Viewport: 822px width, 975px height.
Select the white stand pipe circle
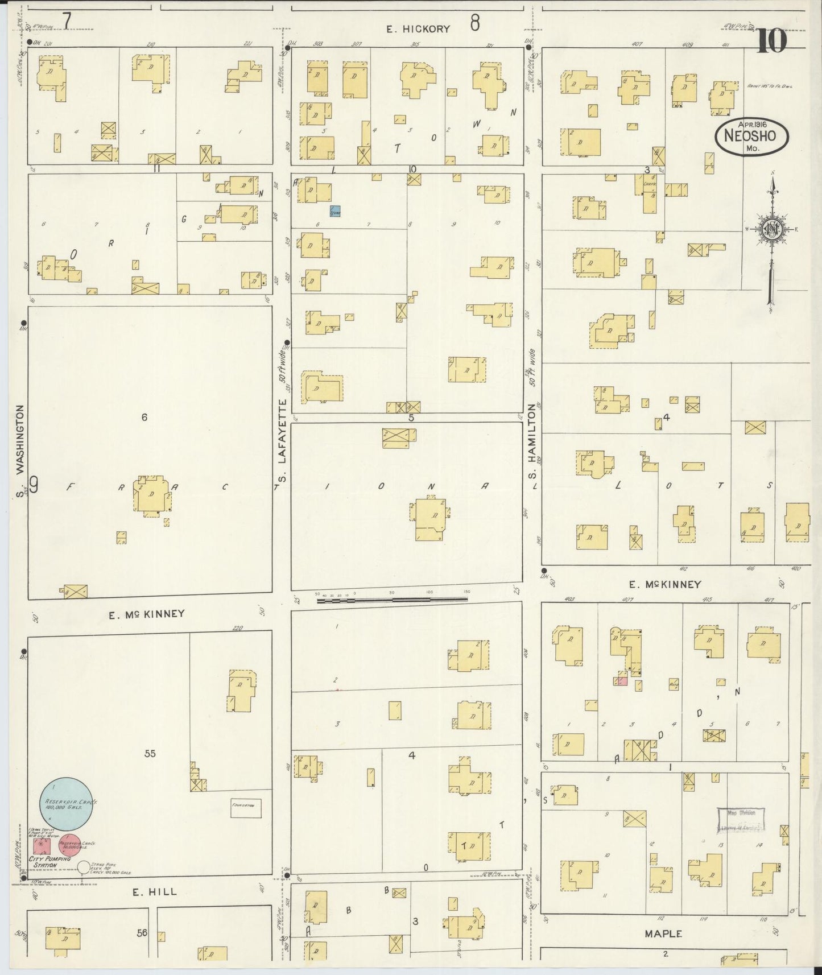click(x=84, y=867)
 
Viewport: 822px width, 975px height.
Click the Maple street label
click(x=663, y=933)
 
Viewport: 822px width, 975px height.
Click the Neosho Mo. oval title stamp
click(x=752, y=137)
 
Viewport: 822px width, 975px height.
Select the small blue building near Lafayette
click(x=336, y=212)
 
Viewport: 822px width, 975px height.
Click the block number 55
click(x=150, y=754)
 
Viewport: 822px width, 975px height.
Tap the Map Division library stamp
click(x=741, y=820)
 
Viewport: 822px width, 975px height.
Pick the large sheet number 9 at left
click(x=34, y=486)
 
